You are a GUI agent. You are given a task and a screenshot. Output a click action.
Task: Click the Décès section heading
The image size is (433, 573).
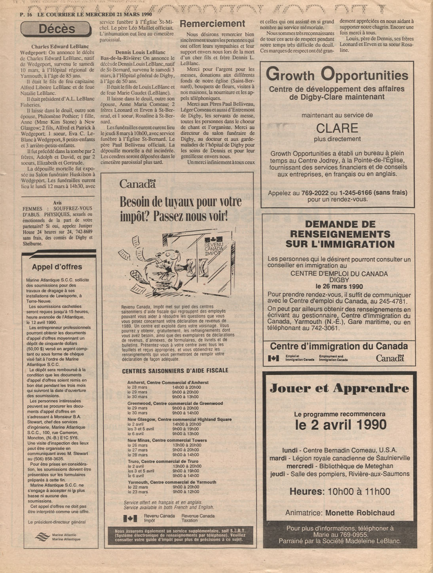[x=57, y=29]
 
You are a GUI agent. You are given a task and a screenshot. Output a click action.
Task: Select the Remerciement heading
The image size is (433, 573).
[x=213, y=24]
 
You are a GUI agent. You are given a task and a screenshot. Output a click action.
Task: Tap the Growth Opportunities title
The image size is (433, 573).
[x=337, y=75]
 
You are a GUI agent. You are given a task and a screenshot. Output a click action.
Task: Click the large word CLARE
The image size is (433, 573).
[x=337, y=128]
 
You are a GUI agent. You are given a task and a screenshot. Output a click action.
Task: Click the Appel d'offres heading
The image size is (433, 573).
[x=57, y=267]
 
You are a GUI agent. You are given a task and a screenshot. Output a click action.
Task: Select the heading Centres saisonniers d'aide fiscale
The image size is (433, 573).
[x=175, y=371]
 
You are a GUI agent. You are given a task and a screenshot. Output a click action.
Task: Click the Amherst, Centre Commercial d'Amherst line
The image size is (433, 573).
[x=168, y=383]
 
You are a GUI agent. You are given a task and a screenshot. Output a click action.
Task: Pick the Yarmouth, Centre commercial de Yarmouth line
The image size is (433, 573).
[x=172, y=482]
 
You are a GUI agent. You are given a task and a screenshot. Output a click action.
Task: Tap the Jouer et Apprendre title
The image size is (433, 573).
[x=339, y=388]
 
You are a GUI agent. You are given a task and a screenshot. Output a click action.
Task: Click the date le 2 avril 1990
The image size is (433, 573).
[x=340, y=425]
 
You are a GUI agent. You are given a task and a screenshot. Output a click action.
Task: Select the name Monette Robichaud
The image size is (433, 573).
[x=360, y=513]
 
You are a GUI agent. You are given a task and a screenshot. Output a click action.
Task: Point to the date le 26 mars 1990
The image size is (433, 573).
[x=339, y=286]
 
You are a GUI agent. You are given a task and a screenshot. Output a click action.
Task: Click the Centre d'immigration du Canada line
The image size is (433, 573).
[x=339, y=347]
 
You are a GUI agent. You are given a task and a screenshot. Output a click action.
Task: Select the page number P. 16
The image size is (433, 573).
[x=26, y=14]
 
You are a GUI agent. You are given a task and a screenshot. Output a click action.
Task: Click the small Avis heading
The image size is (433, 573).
[x=57, y=203]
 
